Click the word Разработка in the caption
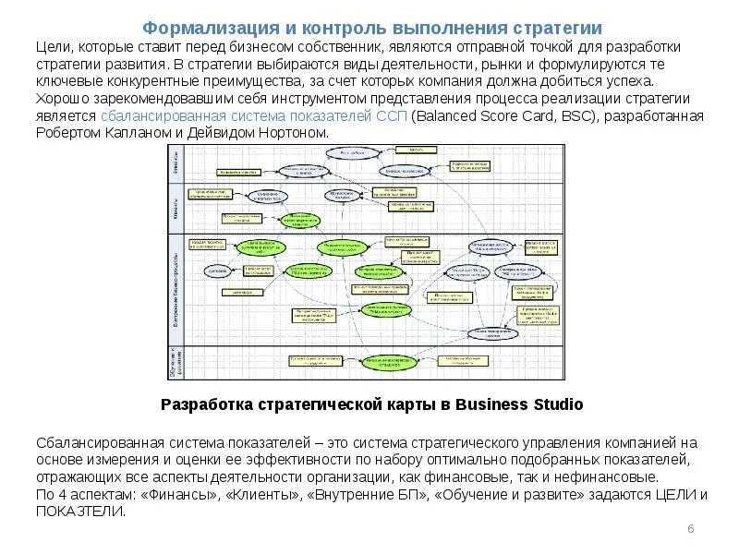[205, 404]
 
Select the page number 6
[691, 528]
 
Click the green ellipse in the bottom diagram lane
[388, 361]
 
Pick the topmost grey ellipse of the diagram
[351, 151]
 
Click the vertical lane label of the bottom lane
[174, 362]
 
